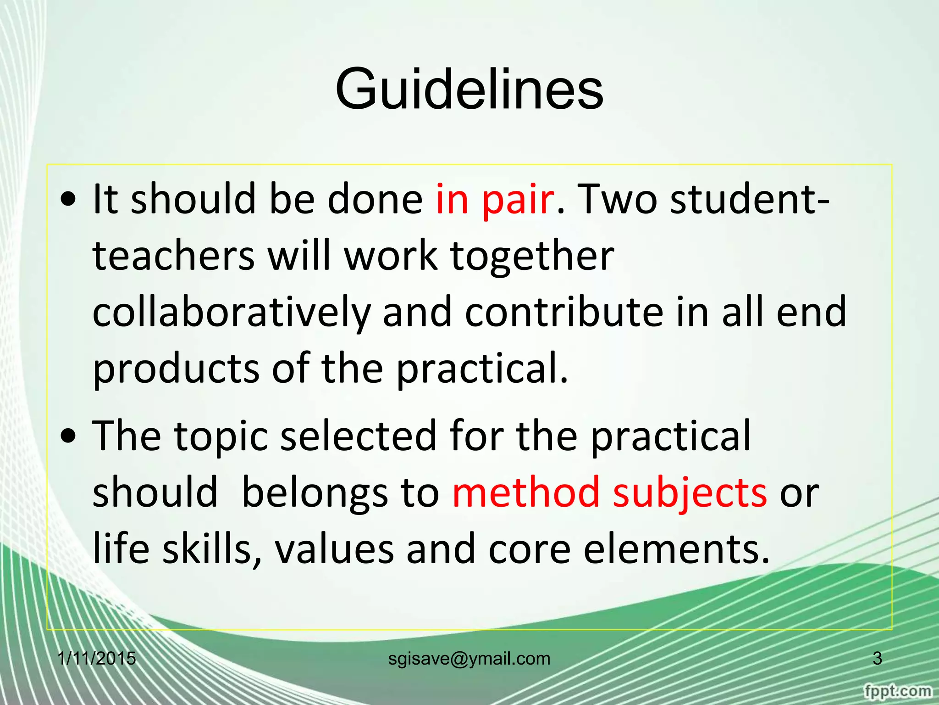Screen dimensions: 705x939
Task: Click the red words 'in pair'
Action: tap(495, 199)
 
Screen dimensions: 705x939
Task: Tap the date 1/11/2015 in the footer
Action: tap(97, 659)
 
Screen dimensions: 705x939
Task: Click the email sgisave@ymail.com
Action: tap(469, 659)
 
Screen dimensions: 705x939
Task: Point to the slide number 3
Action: tap(877, 659)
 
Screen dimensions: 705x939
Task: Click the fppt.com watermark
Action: tap(897, 691)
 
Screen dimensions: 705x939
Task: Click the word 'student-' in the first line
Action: tap(749, 199)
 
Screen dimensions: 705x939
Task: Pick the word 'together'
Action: tap(532, 256)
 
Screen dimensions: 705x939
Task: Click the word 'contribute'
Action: tap(564, 312)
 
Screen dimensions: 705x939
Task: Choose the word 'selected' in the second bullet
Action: tap(359, 436)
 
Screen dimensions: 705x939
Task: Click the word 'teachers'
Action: tap(174, 256)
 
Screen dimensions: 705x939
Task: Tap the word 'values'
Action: tap(334, 549)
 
